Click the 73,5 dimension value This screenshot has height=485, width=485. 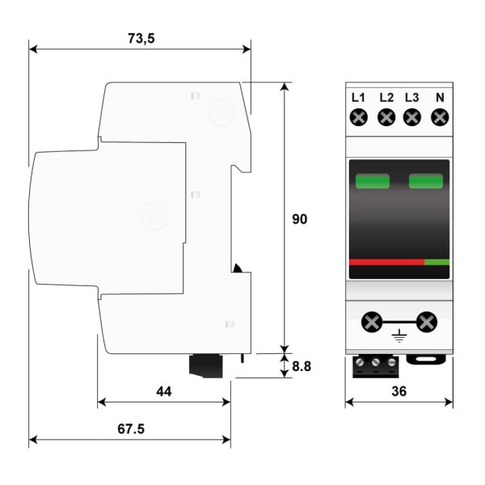click(141, 38)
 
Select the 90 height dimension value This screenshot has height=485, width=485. click(299, 219)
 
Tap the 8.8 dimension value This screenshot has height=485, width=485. click(302, 366)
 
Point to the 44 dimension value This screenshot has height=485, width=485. click(163, 391)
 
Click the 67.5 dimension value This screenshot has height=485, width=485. click(131, 428)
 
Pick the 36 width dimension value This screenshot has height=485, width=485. click(399, 391)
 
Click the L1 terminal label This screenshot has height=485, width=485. click(358, 98)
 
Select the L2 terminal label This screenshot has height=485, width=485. click(386, 98)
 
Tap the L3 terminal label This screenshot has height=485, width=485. click(412, 98)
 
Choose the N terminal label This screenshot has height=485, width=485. click(440, 98)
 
